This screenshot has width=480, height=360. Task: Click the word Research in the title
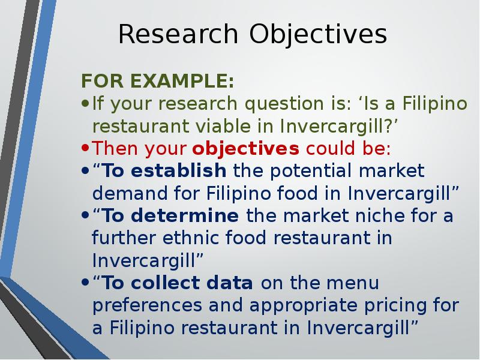178,34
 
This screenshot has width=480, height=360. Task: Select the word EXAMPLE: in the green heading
182,81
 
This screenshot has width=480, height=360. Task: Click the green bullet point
85,103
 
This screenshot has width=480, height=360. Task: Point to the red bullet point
85,148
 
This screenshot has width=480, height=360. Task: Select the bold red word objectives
245,149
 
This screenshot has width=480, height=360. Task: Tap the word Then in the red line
115,148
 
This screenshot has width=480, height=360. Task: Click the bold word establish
178,170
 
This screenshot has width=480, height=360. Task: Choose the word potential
311,172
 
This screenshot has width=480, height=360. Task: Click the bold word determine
185,215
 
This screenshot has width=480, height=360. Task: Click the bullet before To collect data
85,283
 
